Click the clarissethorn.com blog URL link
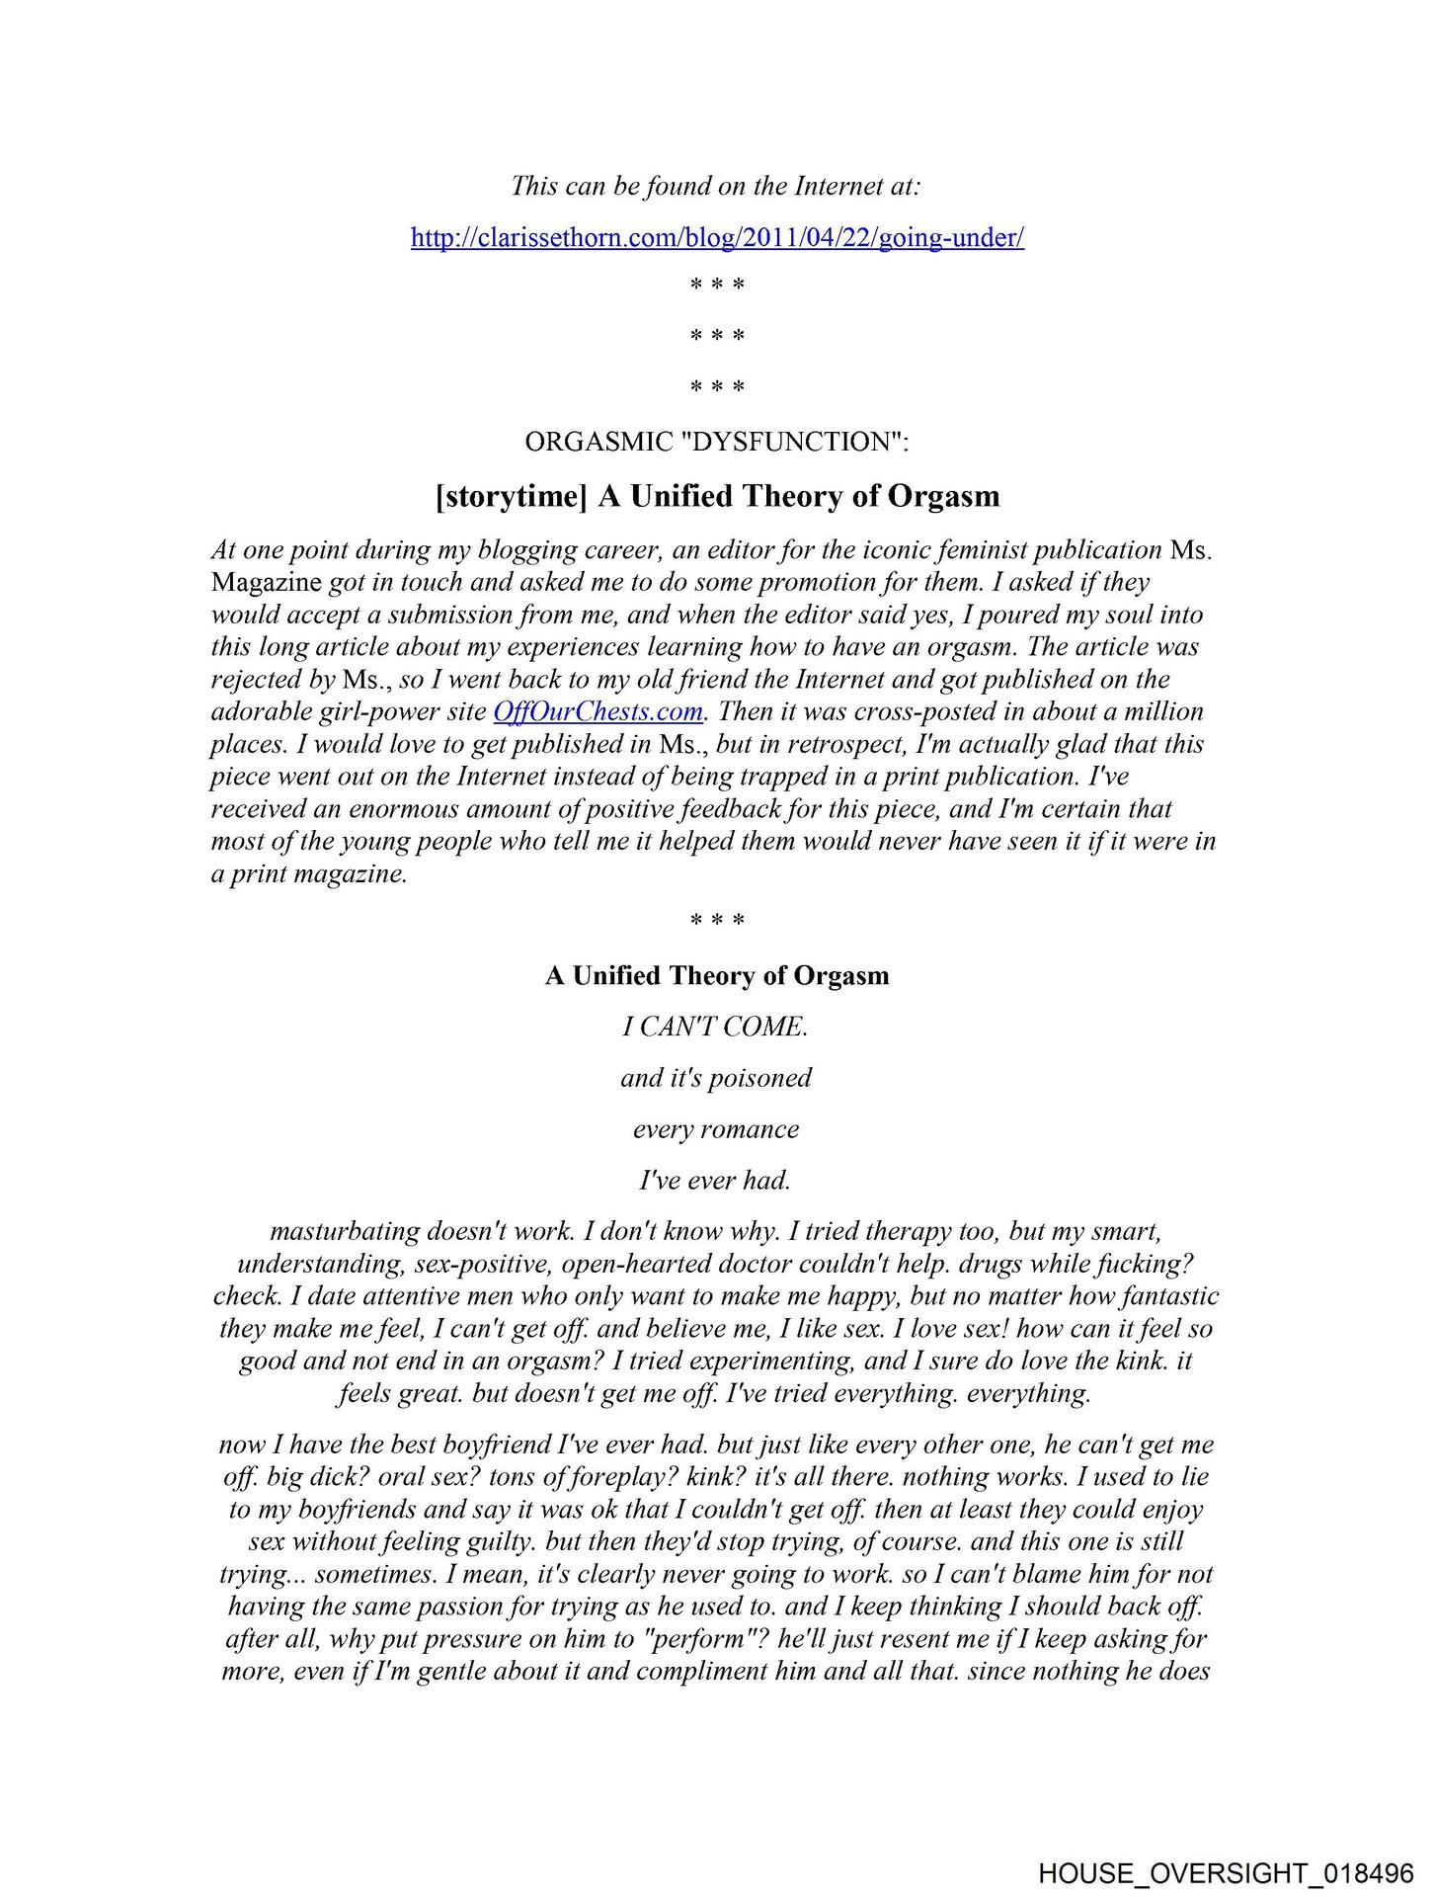coord(717,238)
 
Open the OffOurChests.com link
coord(598,711)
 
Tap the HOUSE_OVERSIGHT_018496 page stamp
coord(1226,1873)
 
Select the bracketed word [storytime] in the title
coord(512,496)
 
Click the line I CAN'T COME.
coord(716,1028)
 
